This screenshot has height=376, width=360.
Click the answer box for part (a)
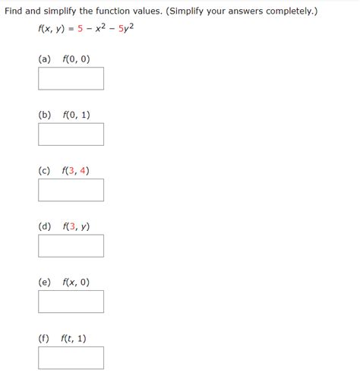(x=71, y=78)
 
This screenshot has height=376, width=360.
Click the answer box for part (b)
(x=71, y=134)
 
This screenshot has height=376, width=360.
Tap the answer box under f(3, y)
(x=71, y=246)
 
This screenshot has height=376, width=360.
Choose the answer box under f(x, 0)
(x=71, y=302)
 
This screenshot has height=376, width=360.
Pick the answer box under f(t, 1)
(x=71, y=358)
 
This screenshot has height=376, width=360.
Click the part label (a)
(x=45, y=58)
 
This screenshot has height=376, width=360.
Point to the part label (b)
(x=45, y=115)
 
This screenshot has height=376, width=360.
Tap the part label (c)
(x=45, y=170)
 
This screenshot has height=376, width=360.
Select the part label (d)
(x=45, y=226)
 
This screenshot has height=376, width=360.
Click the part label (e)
(x=45, y=282)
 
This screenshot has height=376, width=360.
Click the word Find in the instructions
(x=15, y=12)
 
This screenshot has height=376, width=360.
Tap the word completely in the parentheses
(x=283, y=12)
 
